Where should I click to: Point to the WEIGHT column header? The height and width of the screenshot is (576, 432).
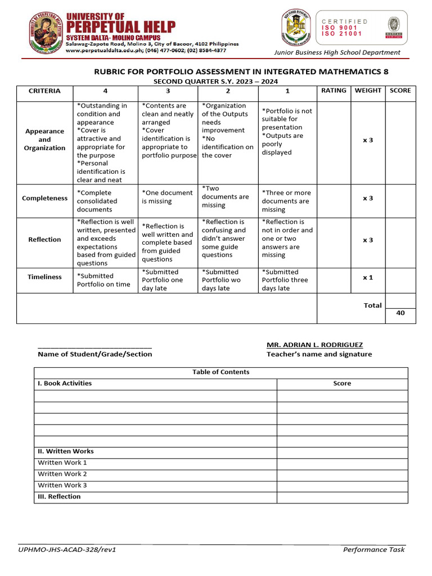368,91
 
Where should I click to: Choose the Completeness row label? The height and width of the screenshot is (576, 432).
44,198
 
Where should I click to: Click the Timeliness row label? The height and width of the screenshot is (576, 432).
44,277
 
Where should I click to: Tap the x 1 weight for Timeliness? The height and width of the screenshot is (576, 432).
368,277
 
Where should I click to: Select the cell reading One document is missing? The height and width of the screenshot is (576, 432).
166,197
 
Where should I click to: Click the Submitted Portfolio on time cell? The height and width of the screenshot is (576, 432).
103,280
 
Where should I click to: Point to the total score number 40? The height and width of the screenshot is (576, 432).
400,313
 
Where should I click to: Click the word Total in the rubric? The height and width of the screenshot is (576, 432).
372,305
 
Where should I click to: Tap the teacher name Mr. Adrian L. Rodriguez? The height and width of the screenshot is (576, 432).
314,345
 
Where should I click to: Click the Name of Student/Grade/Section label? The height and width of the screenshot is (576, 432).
94,354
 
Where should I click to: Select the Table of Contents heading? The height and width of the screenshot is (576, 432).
220,372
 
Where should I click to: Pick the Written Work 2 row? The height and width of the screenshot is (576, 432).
62,474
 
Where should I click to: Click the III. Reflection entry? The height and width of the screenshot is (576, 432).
59,497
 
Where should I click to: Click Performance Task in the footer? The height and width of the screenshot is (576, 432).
373,550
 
